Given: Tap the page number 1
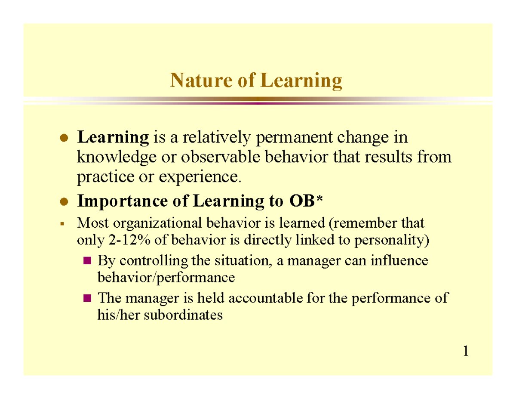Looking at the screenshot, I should click(466, 352).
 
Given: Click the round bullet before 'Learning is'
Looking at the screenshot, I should click(64, 139).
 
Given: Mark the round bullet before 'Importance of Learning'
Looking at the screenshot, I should click(64, 201).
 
